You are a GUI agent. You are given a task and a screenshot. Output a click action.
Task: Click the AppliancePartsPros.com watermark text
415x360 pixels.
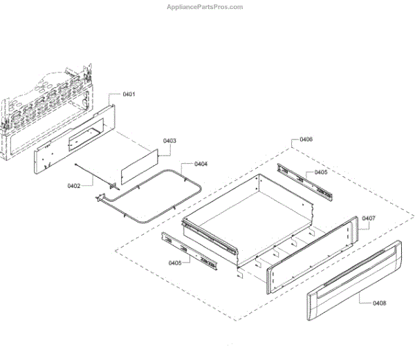[205, 7]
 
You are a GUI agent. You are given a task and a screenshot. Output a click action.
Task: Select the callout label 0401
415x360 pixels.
[129, 93]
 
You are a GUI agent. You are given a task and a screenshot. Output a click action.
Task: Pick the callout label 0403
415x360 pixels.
[169, 141]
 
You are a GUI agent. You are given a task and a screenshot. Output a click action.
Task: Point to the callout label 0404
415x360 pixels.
[201, 164]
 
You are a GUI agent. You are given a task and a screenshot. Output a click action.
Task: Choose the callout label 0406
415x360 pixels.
[306, 140]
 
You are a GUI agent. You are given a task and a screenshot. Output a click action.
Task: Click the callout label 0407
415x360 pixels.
[368, 218]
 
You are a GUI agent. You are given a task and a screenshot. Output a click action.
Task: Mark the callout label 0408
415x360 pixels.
[379, 303]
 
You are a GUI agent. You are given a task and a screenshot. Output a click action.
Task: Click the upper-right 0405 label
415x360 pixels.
[321, 172]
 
